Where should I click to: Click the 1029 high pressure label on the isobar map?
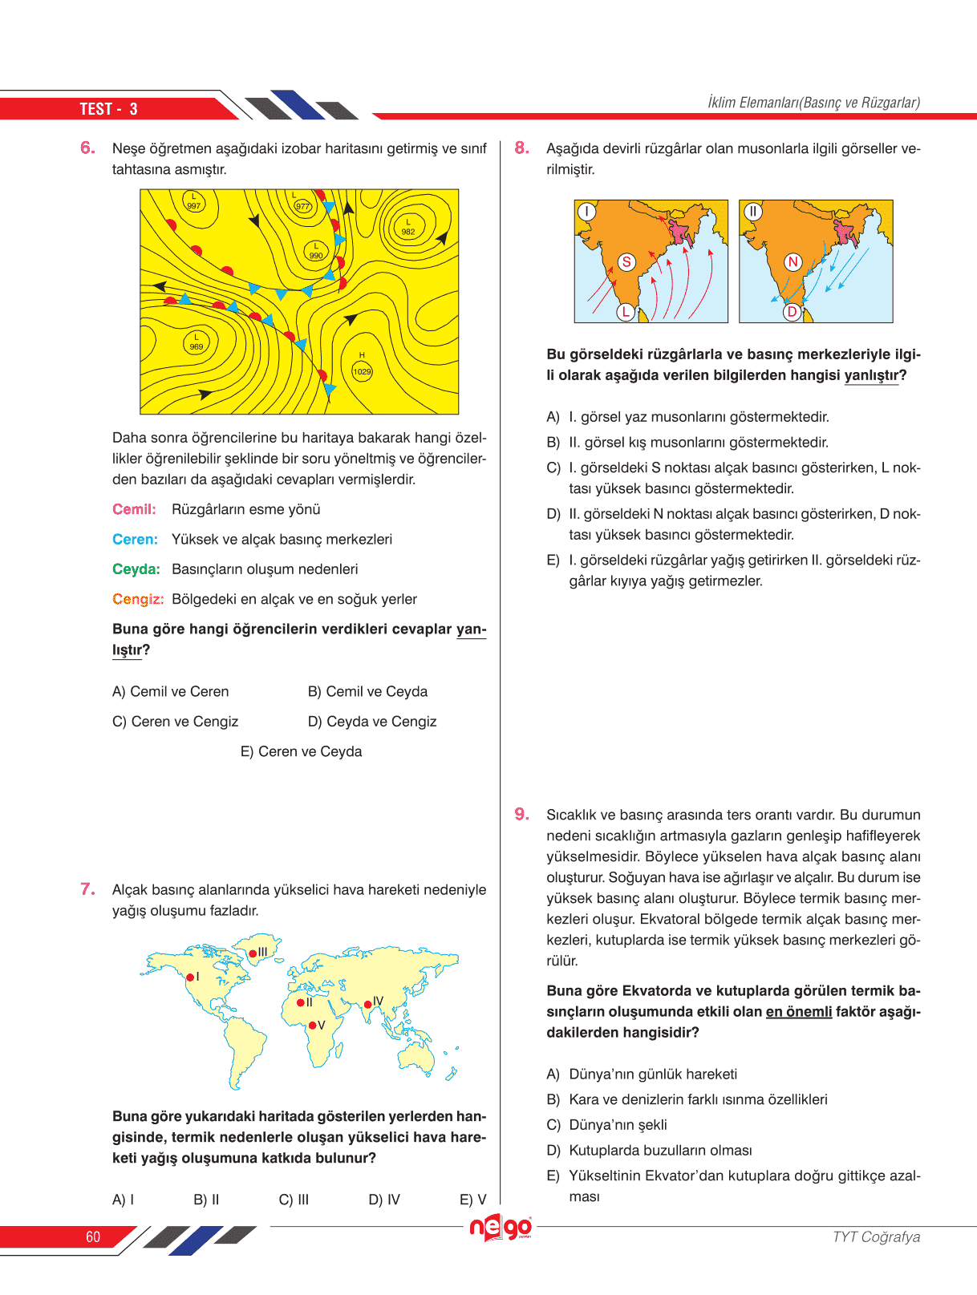tap(363, 371)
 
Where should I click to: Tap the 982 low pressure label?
tap(408, 232)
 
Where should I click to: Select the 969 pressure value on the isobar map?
tap(197, 346)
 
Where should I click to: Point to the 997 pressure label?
tap(194, 206)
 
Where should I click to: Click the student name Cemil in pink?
tap(134, 509)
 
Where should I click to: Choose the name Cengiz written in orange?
tap(138, 599)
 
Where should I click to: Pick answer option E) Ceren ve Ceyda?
tap(301, 751)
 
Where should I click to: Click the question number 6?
tap(87, 148)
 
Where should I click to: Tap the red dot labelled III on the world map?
tap(253, 953)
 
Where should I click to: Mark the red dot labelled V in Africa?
tap(312, 1026)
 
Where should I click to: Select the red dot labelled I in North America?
tap(190, 977)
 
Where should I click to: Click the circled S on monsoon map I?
tap(626, 261)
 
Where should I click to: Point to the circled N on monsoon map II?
tap(793, 261)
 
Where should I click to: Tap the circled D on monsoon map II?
tap(792, 312)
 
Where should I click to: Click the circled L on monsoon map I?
tap(626, 312)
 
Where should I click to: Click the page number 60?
tap(93, 1236)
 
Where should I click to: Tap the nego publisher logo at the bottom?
tap(501, 1228)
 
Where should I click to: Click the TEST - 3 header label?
tap(108, 109)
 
